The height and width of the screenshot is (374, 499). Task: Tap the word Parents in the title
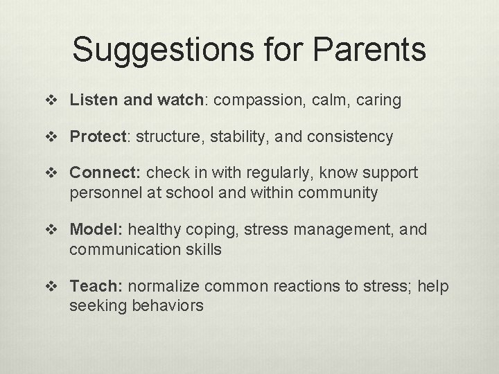(370, 51)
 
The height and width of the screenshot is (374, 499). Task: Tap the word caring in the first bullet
(377, 100)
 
